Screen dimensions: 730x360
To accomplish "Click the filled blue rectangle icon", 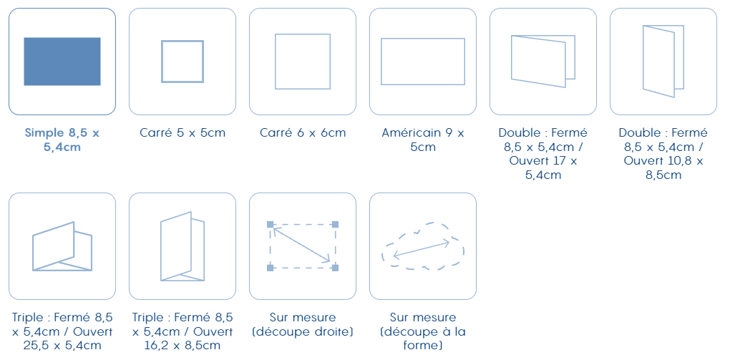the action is [62, 62].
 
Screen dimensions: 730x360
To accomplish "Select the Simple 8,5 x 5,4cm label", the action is [62, 140].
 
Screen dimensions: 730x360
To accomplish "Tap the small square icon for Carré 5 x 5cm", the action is [182, 42].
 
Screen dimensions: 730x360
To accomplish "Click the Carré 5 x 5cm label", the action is [182, 132].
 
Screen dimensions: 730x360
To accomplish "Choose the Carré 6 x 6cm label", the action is [303, 132].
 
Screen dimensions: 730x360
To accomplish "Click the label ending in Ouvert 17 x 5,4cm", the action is [542, 154].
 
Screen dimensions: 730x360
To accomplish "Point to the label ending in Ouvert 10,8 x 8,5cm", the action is [663, 154].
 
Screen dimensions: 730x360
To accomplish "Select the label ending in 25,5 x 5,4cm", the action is [62, 331].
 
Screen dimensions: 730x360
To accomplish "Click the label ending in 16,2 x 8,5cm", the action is [182, 331].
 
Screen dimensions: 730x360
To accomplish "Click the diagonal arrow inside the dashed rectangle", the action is [301, 245].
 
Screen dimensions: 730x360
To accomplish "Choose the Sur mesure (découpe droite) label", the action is [303, 325].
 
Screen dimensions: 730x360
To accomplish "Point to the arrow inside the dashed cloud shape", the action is [422, 248].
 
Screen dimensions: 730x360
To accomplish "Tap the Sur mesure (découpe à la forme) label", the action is [423, 331].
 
